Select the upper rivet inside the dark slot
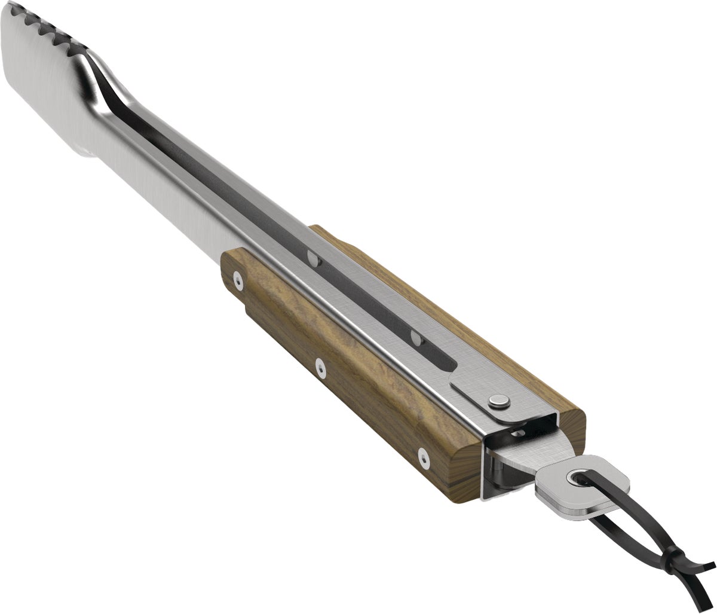pos(313,258)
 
